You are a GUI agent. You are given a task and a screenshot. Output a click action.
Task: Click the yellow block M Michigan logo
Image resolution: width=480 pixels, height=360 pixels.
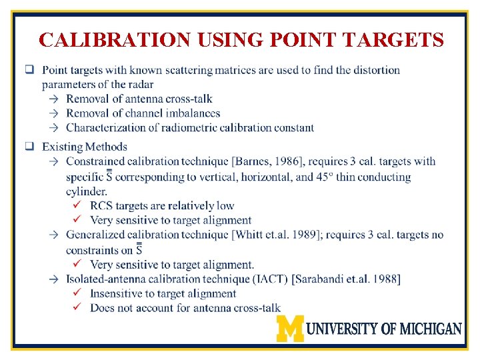290,328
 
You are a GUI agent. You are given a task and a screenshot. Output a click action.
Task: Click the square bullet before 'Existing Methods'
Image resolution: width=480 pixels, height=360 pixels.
30,146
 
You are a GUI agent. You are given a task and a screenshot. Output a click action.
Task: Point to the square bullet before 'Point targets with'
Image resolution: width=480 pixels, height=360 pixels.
30,69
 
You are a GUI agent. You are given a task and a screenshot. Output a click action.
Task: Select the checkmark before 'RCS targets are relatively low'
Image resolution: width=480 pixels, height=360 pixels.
77,205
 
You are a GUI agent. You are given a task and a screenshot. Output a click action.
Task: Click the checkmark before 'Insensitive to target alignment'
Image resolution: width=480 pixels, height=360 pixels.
77,293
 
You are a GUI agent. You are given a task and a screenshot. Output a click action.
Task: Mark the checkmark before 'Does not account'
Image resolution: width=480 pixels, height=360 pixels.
77,308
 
